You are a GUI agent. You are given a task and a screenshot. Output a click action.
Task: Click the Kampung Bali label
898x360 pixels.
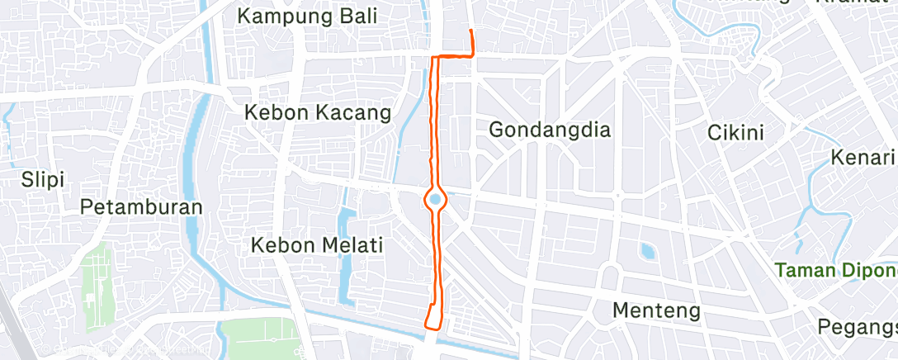(306, 16)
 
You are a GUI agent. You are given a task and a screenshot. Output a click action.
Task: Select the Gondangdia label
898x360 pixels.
(549, 130)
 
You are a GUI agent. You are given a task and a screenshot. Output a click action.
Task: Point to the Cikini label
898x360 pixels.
(736, 132)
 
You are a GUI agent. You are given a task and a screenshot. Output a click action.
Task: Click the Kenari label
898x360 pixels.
(863, 157)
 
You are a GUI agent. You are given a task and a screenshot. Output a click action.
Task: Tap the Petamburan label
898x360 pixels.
(141, 207)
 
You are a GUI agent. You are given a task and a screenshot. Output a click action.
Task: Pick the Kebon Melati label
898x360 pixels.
(318, 245)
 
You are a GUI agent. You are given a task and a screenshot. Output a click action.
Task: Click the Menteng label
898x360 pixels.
(657, 311)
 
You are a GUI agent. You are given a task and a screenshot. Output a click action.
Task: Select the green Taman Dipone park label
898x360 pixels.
(836, 269)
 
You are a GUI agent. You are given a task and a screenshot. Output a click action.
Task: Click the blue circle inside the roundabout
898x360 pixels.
(434, 198)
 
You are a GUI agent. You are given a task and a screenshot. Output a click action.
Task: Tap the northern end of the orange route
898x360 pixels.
(470, 31)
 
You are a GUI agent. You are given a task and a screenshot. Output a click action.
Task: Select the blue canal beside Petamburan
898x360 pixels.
(196, 149)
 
